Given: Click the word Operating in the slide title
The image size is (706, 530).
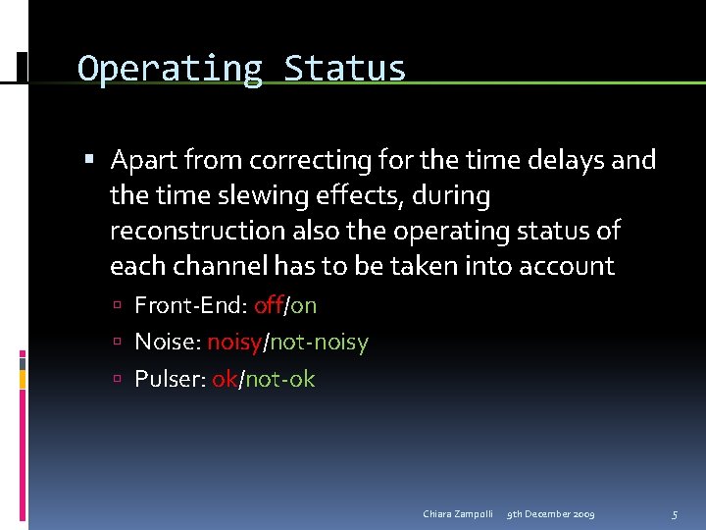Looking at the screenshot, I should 170,70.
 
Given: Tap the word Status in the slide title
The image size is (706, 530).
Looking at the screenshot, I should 344,70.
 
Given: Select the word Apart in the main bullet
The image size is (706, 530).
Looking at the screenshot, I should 143,160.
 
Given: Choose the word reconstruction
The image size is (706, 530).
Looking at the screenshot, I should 197,231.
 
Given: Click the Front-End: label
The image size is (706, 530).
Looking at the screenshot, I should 190,305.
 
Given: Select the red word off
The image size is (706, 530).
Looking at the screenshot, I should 268,305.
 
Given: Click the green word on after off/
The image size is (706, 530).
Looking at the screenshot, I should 303,305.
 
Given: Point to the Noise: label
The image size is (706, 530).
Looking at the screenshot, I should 167,343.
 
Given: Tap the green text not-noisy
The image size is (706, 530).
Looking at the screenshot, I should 320,343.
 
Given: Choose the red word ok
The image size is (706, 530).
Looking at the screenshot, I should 225,379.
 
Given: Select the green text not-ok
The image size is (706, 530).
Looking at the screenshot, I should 279,379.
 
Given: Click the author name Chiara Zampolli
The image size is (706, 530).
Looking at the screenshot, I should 458,514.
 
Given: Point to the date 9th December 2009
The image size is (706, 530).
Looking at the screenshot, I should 550,514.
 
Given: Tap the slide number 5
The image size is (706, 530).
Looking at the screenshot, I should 674,514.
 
